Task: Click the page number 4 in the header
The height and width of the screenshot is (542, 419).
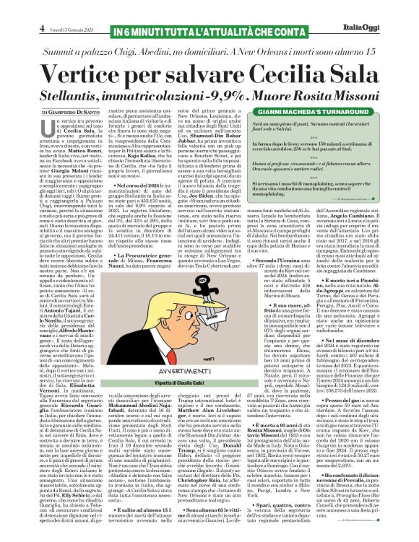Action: [43, 28]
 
